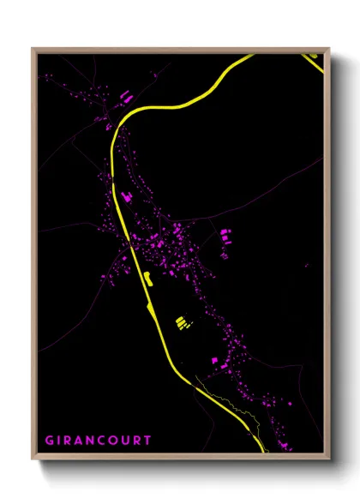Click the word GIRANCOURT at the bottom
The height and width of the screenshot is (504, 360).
pyautogui.click(x=98, y=441)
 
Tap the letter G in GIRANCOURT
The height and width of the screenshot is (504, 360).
pyautogui.click(x=50, y=441)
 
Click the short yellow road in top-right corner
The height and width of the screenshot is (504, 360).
pyautogui.click(x=315, y=60)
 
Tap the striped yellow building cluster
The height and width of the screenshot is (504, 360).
pyautogui.click(x=181, y=322)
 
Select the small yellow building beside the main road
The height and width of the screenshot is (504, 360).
pyautogui.click(x=146, y=277)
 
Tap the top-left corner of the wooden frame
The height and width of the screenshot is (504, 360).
pyautogui.click(x=33, y=50)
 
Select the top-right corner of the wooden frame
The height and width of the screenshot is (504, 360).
pyautogui.click(x=328, y=50)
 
